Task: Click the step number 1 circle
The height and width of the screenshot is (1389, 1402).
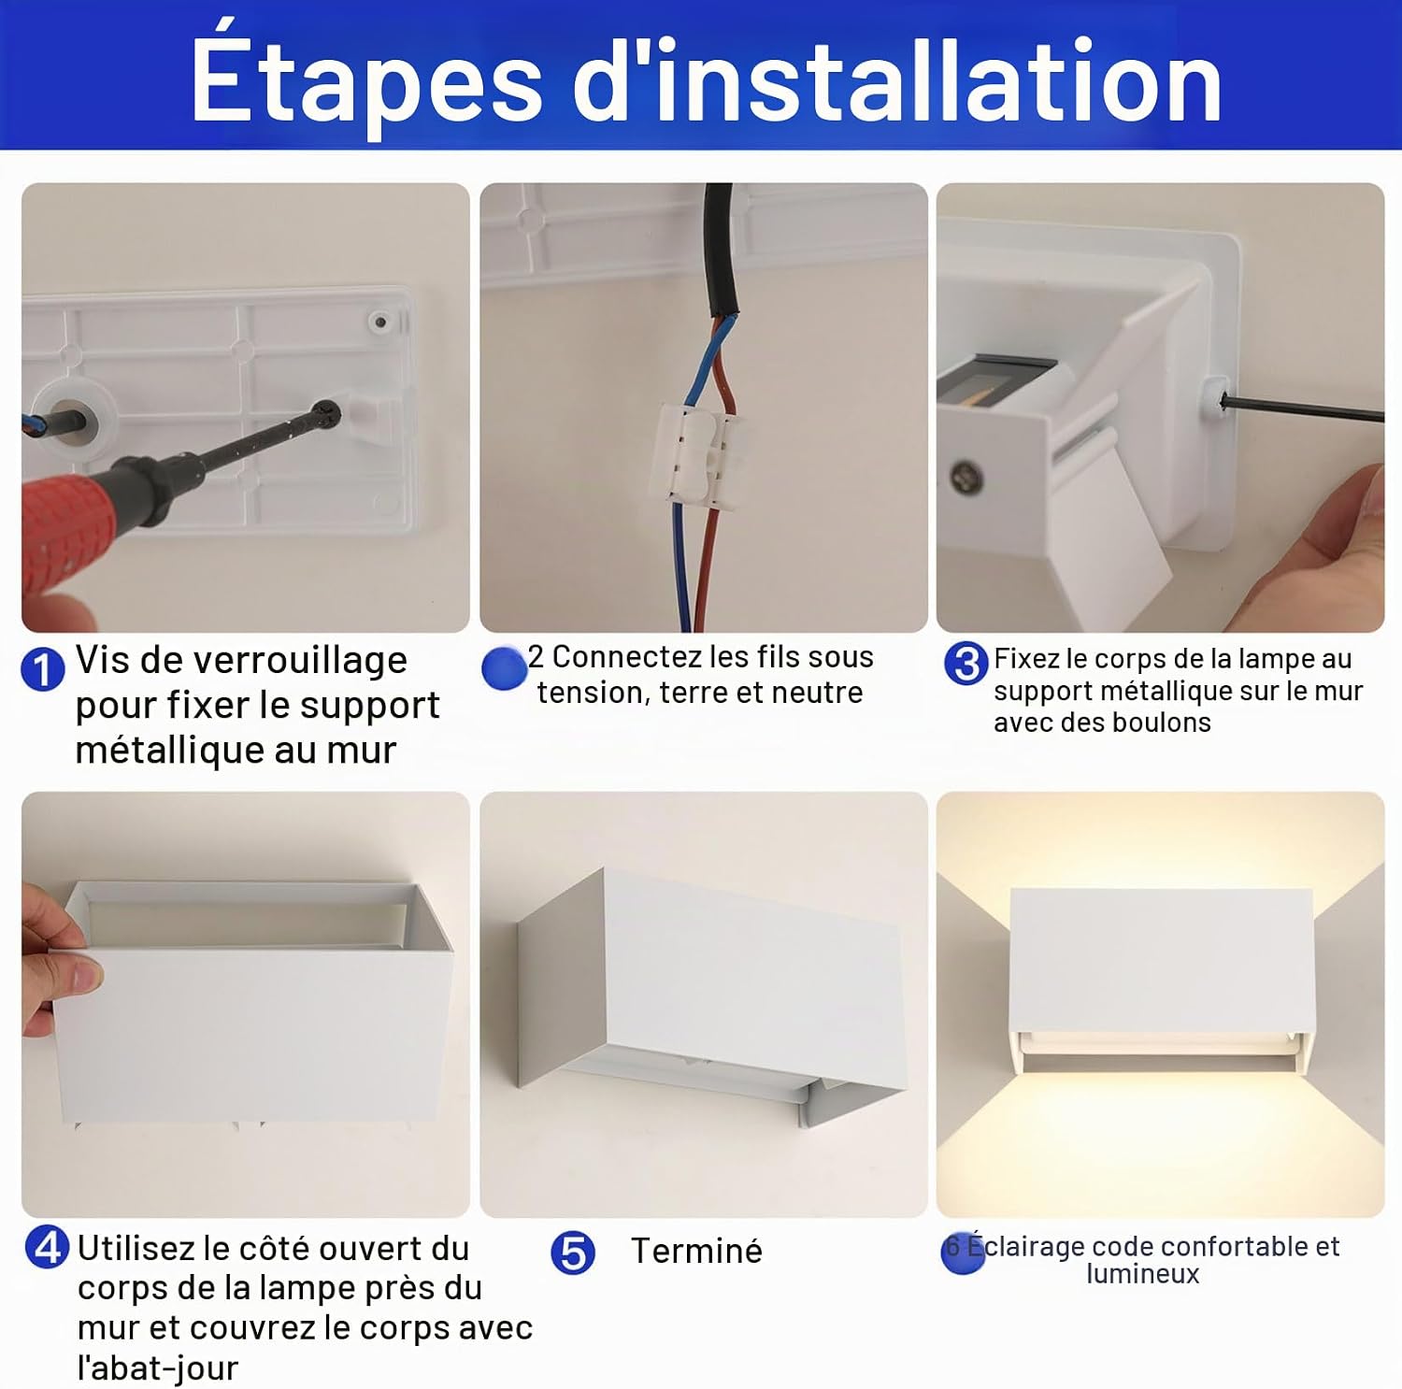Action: click(x=42, y=669)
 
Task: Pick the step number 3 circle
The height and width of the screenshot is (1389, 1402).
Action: click(x=966, y=664)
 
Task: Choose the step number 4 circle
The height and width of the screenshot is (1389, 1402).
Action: click(x=47, y=1247)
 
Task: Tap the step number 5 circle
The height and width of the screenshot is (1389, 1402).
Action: click(x=573, y=1253)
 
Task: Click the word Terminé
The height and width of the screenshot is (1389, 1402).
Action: click(x=696, y=1251)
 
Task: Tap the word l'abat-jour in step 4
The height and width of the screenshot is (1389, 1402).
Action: click(x=157, y=1368)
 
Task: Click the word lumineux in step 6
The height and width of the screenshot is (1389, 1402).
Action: click(x=1142, y=1274)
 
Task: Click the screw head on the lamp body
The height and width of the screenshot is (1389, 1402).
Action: click(x=966, y=478)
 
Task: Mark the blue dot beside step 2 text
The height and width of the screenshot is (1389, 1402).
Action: click(x=505, y=668)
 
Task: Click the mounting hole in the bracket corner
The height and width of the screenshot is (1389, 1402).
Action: click(x=380, y=322)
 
